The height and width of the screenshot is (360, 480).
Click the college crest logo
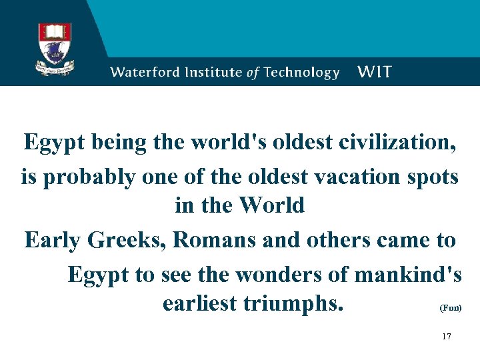tap(55, 48)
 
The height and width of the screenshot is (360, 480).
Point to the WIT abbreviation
tap(375, 71)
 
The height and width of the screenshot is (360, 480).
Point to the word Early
tap(51, 240)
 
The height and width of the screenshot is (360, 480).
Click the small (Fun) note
tap(450, 309)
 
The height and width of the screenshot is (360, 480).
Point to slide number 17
tap(446, 337)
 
